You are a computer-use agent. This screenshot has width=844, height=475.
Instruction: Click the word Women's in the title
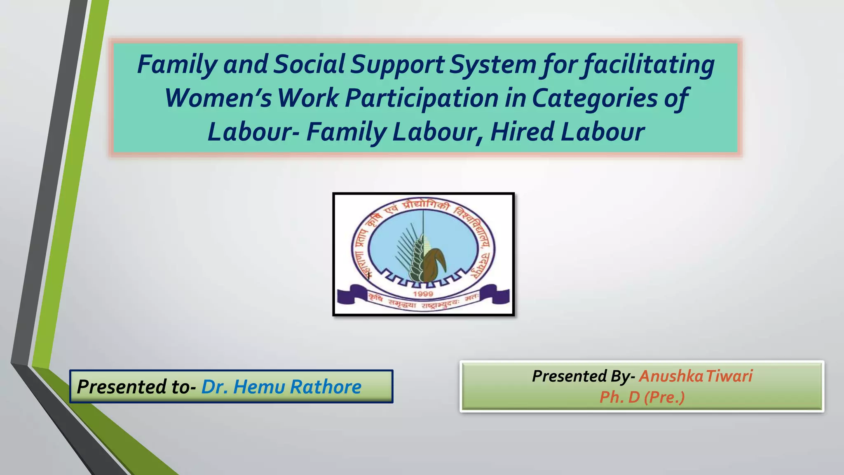point(218,98)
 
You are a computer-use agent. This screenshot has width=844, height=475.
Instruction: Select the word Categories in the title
point(595,98)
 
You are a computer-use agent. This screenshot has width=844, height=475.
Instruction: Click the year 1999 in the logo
point(423,294)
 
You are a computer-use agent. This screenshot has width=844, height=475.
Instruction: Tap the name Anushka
point(671,376)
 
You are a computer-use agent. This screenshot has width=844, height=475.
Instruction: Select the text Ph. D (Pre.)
point(642,397)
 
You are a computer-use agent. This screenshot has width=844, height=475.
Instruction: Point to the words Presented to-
point(136,387)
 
